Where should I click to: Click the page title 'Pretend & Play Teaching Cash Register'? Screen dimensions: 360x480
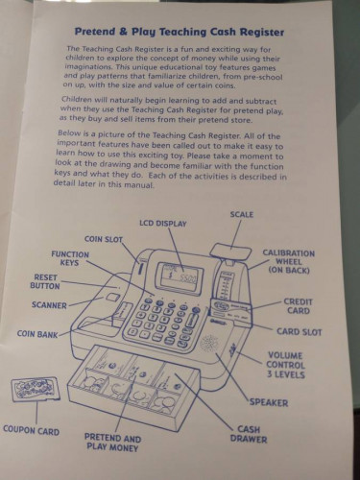pyautogui.click(x=180, y=32)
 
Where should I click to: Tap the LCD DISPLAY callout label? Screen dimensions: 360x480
pyautogui.click(x=163, y=224)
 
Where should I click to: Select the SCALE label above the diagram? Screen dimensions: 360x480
pyautogui.click(x=242, y=214)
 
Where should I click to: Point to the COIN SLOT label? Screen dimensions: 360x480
pyautogui.click(x=104, y=239)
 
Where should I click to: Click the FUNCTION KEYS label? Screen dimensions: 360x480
pyautogui.click(x=70, y=258)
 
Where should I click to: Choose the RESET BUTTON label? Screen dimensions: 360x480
pyautogui.click(x=45, y=281)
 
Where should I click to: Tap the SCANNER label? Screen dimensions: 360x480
pyautogui.click(x=49, y=305)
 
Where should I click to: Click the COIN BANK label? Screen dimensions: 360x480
pyautogui.click(x=37, y=334)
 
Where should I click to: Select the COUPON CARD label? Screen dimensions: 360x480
pyautogui.click(x=32, y=430)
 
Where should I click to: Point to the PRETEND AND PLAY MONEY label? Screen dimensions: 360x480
pyautogui.click(x=112, y=443)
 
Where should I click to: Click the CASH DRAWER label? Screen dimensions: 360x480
pyautogui.click(x=249, y=434)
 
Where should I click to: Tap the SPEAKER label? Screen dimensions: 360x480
pyautogui.click(x=269, y=402)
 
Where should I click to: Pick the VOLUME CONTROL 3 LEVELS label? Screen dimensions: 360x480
pyautogui.click(x=285, y=365)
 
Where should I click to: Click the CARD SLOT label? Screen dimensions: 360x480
pyautogui.click(x=299, y=332)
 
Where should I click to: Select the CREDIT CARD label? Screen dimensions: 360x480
pyautogui.click(x=298, y=306)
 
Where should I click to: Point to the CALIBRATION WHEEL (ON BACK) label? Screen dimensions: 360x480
pyautogui.click(x=289, y=262)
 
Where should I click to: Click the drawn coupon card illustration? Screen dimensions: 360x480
pyautogui.click(x=36, y=388)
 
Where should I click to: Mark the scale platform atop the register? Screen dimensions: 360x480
pyautogui.click(x=229, y=252)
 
